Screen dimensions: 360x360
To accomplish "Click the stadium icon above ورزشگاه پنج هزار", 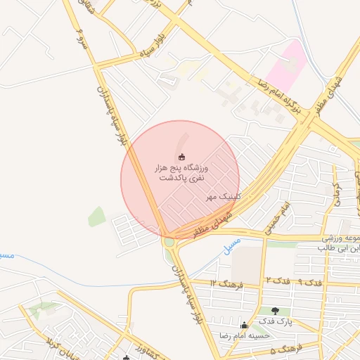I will [x=181, y=156].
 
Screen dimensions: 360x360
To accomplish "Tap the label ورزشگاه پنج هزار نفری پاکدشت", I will [x=181, y=174].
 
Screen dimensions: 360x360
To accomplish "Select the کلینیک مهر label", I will [x=224, y=197].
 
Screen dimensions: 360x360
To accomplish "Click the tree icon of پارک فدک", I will [x=274, y=311].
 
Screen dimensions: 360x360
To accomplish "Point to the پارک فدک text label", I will [x=274, y=321].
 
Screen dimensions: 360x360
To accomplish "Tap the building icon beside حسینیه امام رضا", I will [x=245, y=325].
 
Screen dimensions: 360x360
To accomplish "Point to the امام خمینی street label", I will [x=275, y=219].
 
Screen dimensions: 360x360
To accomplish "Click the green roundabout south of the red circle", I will [x=169, y=243].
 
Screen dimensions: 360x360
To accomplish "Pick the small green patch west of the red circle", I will [x=97, y=217].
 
